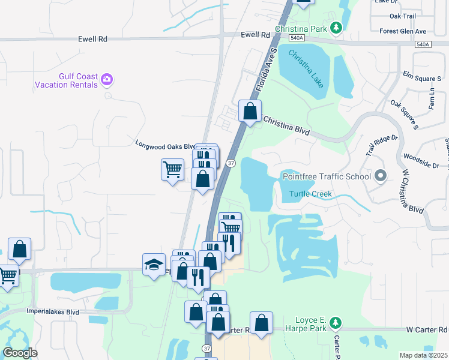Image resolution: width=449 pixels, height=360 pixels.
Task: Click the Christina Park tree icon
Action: click(x=337, y=28)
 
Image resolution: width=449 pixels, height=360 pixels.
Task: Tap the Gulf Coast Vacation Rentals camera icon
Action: click(x=107, y=78)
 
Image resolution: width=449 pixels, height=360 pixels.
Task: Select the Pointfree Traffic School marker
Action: click(x=379, y=176)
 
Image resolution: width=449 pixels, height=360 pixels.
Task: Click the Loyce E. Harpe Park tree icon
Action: click(x=336, y=325)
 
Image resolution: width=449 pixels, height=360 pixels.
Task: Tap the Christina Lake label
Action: click(x=306, y=69)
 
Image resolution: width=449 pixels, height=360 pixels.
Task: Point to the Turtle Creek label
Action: click(x=310, y=194)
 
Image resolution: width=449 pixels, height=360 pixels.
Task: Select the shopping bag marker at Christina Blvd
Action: click(x=250, y=111)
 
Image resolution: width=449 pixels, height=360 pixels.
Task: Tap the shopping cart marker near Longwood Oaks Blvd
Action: click(x=172, y=169)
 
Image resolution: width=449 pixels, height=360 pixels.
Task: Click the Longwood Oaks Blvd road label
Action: click(x=165, y=145)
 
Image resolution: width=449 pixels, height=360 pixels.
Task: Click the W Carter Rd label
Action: click(x=427, y=329)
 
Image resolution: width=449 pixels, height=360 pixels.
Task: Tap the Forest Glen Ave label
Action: click(x=403, y=31)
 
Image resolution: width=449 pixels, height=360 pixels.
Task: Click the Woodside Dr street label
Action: click(x=421, y=165)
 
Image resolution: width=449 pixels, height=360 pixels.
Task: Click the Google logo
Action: click(x=20, y=353)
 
